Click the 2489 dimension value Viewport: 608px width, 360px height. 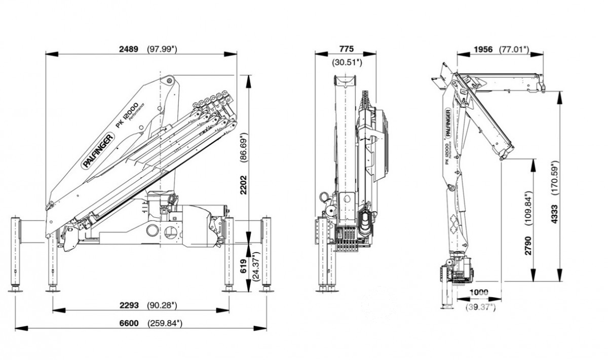(x=129, y=49)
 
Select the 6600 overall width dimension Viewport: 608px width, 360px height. (x=129, y=324)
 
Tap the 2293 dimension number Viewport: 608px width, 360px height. (x=129, y=305)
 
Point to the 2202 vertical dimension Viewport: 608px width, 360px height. (x=244, y=185)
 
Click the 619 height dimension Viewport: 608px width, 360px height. (x=244, y=266)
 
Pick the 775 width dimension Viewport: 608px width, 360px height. (x=347, y=49)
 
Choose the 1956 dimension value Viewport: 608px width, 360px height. (x=483, y=50)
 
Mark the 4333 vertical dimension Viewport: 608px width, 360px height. (x=555, y=214)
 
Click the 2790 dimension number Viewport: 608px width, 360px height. (x=528, y=246)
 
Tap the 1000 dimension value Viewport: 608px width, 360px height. (x=479, y=292)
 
